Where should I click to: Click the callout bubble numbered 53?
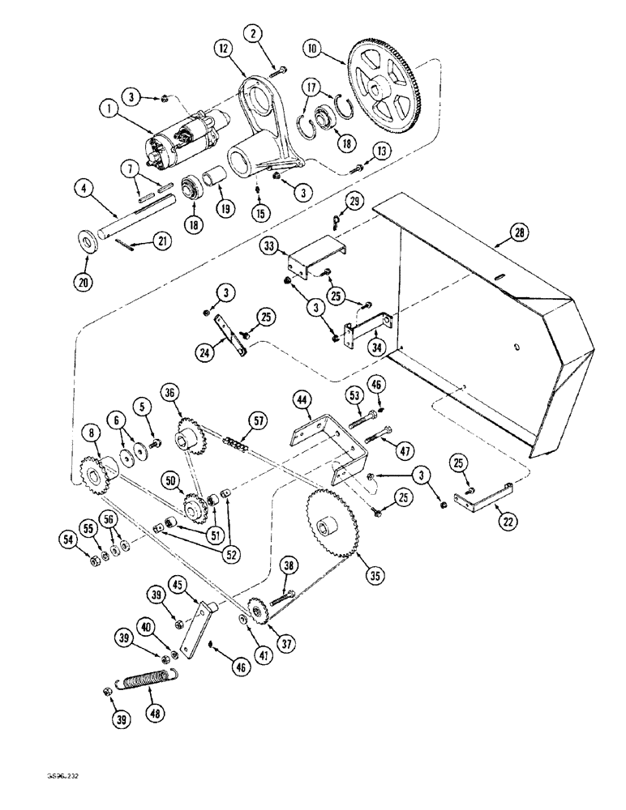354,396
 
